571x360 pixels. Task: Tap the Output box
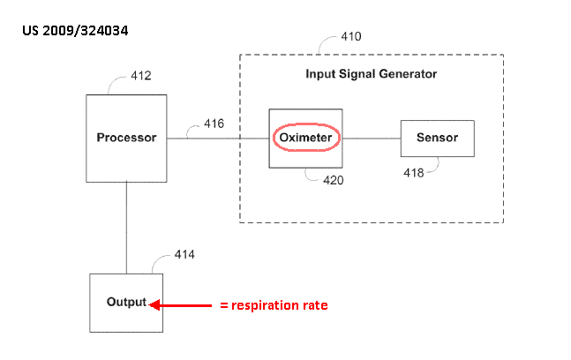coord(126,303)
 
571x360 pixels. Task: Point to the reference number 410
coord(350,38)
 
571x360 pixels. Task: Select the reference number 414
coord(184,255)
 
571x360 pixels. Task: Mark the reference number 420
coord(333,181)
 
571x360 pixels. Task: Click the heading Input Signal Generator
coord(371,74)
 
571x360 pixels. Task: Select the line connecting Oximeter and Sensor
coord(372,138)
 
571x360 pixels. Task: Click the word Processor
coord(126,138)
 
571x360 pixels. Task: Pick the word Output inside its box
coord(126,302)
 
